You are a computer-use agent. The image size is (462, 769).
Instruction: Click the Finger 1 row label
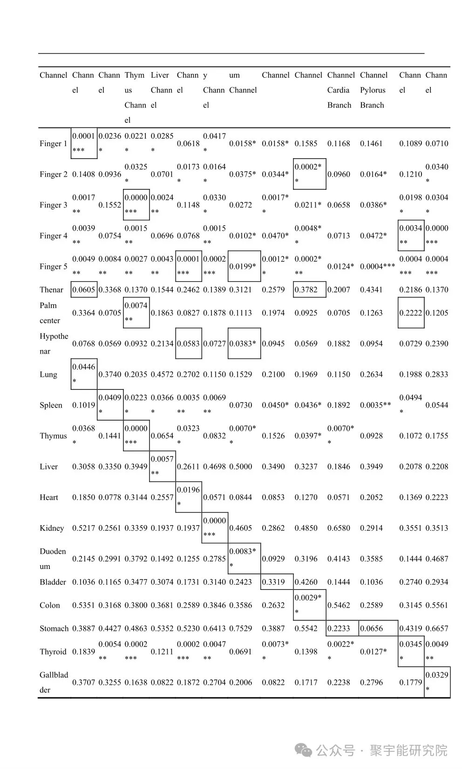click(x=53, y=144)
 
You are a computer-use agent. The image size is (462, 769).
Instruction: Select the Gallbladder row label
click(x=54, y=682)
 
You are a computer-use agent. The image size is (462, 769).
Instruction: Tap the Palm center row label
click(x=49, y=313)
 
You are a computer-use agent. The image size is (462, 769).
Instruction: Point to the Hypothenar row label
click(x=54, y=343)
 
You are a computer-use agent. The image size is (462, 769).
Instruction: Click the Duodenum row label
click(x=53, y=559)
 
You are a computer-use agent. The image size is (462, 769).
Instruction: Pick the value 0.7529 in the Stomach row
click(x=241, y=629)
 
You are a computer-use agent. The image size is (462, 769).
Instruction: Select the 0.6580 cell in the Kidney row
click(x=339, y=528)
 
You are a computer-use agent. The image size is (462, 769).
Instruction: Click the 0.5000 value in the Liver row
click(x=241, y=467)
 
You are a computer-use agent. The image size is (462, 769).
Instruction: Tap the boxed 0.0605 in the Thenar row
click(x=83, y=290)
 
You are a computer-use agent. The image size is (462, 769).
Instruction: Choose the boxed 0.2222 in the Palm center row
click(x=410, y=313)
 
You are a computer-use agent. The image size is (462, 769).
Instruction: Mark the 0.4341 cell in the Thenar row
click(x=371, y=290)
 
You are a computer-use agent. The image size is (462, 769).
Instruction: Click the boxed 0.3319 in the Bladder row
click(x=273, y=582)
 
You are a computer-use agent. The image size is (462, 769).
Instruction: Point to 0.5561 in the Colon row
click(x=436, y=605)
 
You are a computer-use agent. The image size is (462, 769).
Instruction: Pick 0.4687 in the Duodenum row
click(x=436, y=559)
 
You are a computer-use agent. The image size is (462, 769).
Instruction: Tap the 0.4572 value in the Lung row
click(x=162, y=374)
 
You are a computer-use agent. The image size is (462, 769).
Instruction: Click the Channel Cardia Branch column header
click(x=340, y=90)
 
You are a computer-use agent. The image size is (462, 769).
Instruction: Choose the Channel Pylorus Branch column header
click(x=374, y=90)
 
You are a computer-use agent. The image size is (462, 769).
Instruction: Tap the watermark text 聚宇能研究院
click(x=408, y=750)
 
